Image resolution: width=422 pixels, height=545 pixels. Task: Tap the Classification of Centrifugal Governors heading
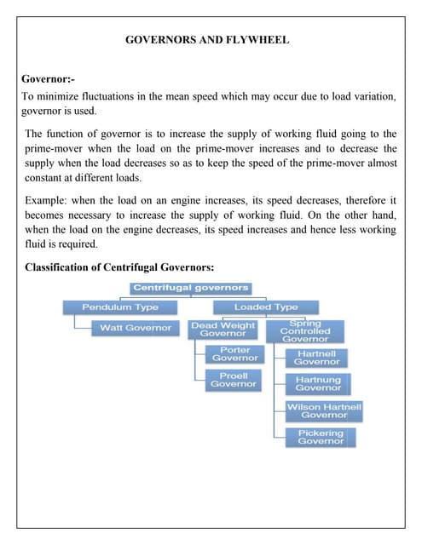(x=119, y=267)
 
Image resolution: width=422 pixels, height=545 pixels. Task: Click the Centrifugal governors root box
(x=190, y=288)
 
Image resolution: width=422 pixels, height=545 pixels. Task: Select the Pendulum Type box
(x=119, y=307)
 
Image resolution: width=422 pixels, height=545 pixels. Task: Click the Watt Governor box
(x=135, y=328)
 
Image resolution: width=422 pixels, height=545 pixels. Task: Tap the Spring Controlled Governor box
(x=305, y=331)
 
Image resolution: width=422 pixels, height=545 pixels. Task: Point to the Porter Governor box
(x=234, y=354)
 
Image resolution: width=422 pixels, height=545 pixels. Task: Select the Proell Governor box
(x=234, y=380)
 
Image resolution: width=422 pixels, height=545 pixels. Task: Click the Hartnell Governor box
(x=317, y=358)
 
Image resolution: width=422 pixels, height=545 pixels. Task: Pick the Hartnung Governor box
(x=317, y=384)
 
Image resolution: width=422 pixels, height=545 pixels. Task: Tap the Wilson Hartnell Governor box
(x=323, y=410)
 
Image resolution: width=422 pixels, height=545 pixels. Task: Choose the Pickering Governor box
(x=321, y=437)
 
